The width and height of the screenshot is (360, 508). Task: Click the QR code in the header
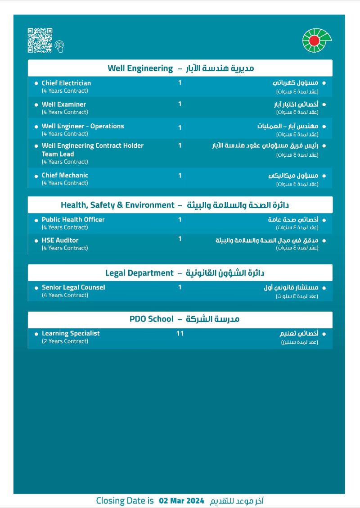(x=40, y=40)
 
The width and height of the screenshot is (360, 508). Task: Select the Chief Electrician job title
(x=66, y=83)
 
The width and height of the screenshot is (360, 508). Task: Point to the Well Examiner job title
(x=63, y=104)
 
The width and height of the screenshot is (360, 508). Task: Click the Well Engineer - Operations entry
(x=83, y=126)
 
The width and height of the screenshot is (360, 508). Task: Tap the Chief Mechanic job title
(x=65, y=175)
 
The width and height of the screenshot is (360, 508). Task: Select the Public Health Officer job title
(x=73, y=219)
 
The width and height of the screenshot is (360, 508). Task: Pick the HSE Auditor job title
(x=60, y=240)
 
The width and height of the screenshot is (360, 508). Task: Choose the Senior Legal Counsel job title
(x=73, y=287)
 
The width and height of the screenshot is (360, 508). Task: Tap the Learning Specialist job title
(x=71, y=333)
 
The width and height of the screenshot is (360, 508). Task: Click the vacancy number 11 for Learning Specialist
(x=180, y=334)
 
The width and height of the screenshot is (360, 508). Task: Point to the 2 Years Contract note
(x=65, y=341)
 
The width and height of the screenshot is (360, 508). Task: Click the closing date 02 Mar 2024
(x=181, y=501)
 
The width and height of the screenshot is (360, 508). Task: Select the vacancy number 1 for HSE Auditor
(x=180, y=239)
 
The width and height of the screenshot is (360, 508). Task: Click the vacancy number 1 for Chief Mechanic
(x=180, y=175)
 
